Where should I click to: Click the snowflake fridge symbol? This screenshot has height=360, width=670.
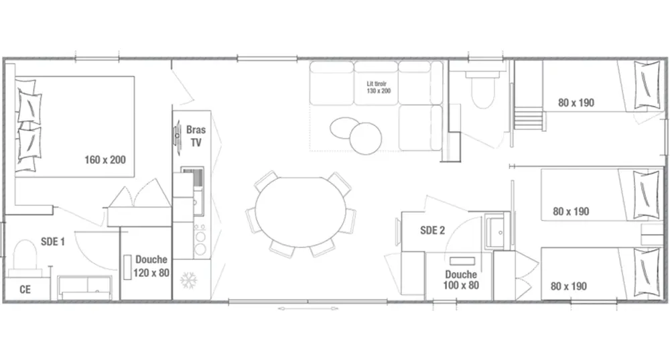coord(188,280)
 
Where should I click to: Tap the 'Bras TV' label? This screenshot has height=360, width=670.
coord(196,136)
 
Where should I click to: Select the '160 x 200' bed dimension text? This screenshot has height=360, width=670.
coord(105,160)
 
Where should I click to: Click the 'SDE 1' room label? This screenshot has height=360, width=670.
coord(53,241)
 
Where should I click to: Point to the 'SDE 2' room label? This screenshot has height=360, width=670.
coord(432,231)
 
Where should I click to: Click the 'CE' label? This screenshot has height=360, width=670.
coord(25,290)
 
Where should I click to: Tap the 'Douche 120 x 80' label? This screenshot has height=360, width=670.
coord(151,266)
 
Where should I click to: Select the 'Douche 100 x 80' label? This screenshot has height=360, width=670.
coord(461,280)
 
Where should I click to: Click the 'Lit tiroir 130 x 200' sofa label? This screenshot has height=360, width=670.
coord(379,87)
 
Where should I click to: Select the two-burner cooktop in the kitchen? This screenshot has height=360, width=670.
coord(200,241)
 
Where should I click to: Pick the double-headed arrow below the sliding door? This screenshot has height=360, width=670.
coord(308,308)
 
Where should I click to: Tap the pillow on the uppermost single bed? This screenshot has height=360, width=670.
coord(647,84)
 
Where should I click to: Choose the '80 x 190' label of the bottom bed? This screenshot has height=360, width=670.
coord(569,286)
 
